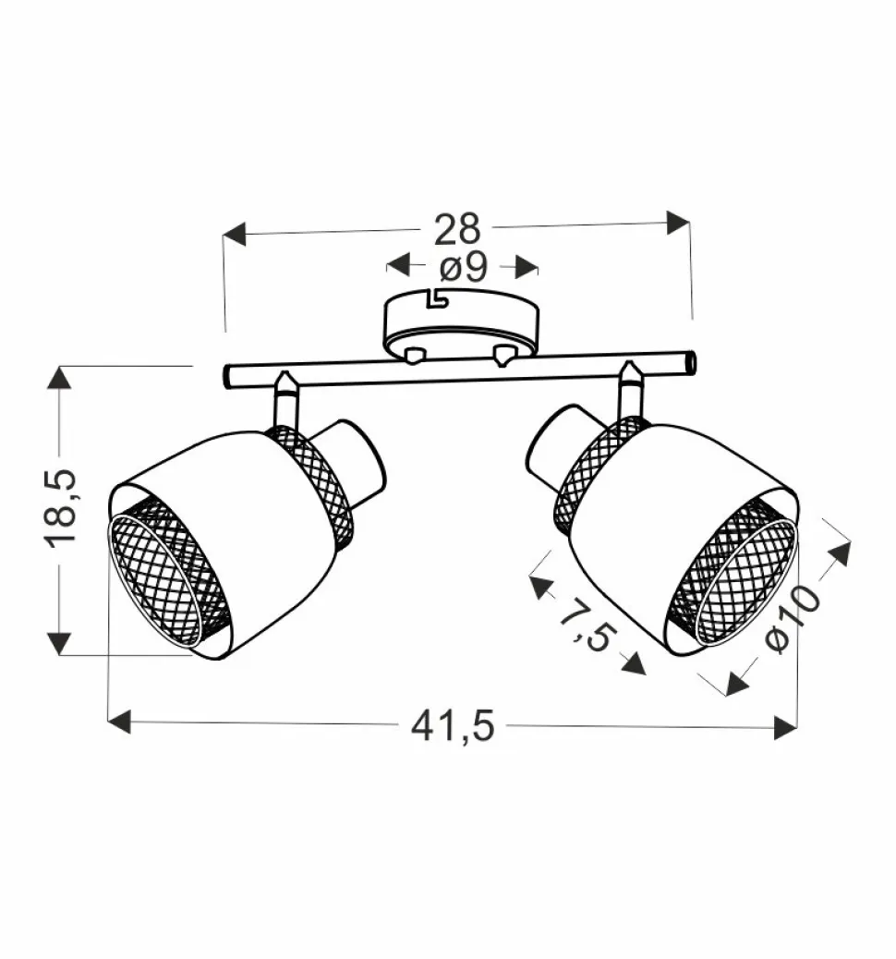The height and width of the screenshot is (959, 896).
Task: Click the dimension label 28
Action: pos(457,229)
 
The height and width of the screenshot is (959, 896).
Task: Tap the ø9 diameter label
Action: pos(464,267)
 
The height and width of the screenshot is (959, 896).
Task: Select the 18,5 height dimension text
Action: pos(61,509)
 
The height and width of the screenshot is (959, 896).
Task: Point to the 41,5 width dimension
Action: pos(453,726)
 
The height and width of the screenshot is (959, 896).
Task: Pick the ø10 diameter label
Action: pos(793,619)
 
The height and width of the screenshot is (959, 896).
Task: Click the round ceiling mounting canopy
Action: pos(461,325)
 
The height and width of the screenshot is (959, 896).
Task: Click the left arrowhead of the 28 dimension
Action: pos(235,235)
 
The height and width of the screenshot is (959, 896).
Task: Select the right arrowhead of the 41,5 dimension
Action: pos(785,727)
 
